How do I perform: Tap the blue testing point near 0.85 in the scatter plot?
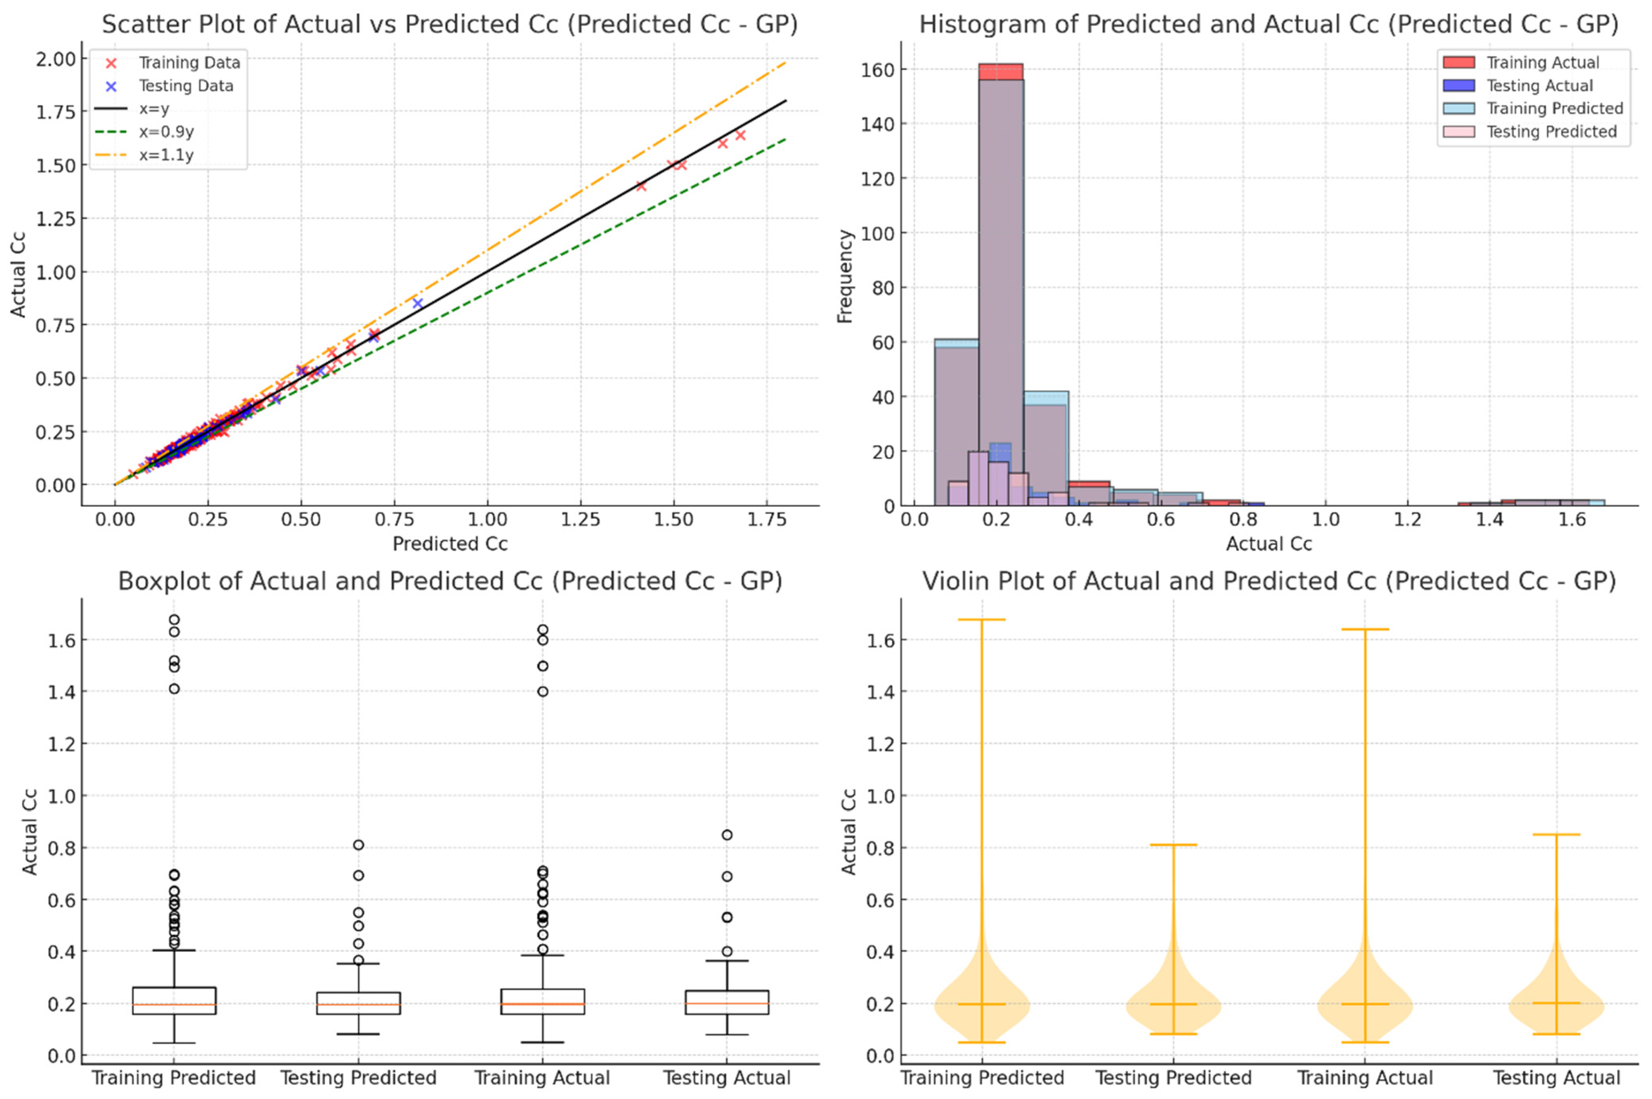418,303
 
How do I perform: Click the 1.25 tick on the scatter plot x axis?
580,520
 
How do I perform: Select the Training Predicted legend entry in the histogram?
1554,109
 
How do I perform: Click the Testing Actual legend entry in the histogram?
1539,86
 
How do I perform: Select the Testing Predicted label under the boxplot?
358,1077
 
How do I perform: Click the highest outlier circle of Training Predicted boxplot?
174,619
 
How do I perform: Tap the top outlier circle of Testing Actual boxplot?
727,835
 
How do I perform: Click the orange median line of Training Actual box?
542,1003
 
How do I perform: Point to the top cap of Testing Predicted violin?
1173,844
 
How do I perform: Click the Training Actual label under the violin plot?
1365,1077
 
